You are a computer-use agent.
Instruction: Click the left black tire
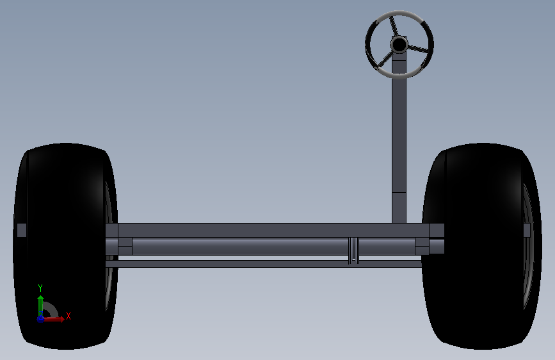coord(65,246)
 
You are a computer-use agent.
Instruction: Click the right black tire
coord(481,246)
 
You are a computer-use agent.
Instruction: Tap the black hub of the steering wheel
coord(399,45)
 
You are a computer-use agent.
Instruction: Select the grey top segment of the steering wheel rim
coord(399,14)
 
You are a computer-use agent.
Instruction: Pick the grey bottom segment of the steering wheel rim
coord(399,75)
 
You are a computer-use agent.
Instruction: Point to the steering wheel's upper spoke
coord(393,26)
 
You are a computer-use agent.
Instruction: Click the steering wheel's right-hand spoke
coord(419,49)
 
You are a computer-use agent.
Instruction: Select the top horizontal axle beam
coord(273,231)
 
